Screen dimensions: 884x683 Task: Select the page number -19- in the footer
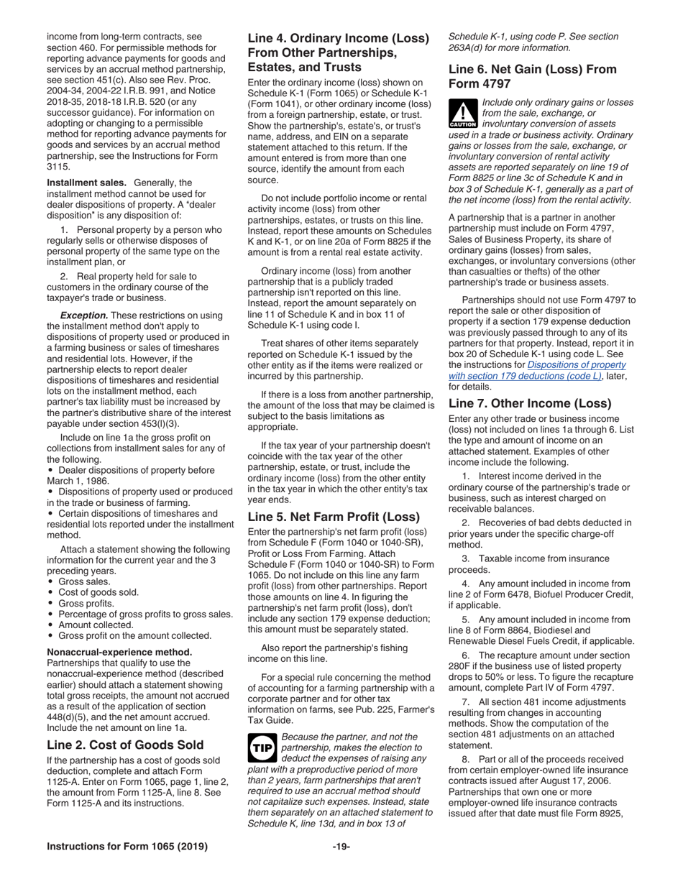click(341, 846)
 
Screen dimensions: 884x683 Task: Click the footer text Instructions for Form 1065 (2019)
click(127, 846)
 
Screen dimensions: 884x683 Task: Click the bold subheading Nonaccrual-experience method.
click(119, 652)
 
